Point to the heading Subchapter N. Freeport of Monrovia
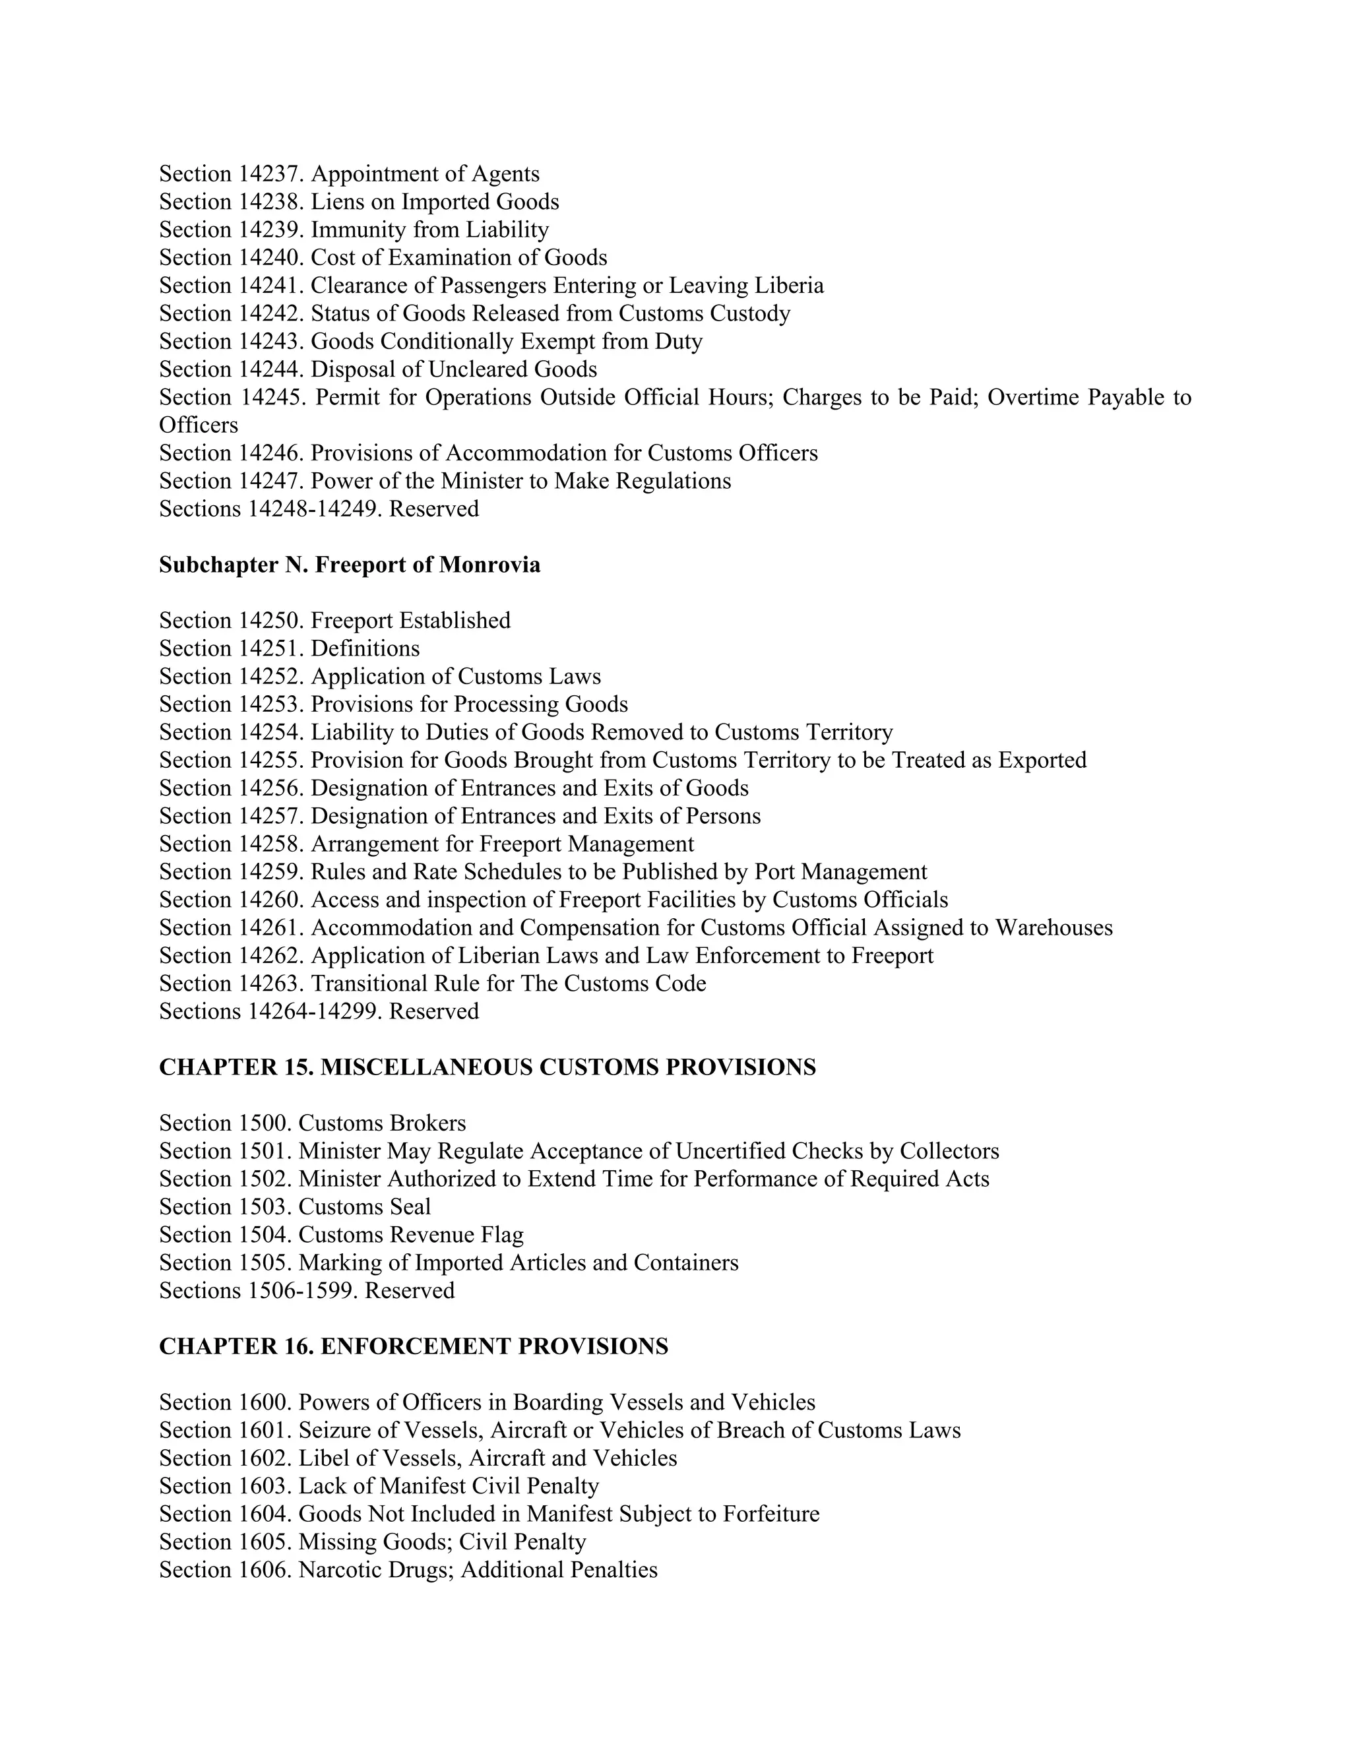350,565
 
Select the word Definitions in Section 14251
365,648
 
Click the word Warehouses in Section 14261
1053,927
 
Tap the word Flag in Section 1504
503,1235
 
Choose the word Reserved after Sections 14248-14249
434,509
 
